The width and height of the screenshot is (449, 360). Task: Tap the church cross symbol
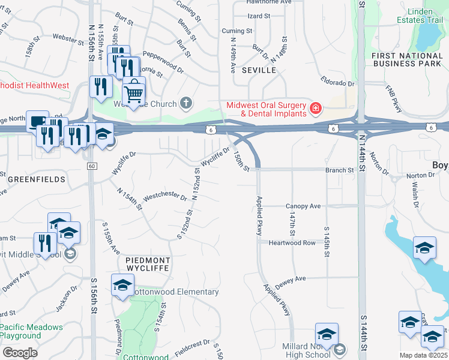point(186,103)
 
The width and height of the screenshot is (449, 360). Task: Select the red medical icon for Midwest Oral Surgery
point(315,109)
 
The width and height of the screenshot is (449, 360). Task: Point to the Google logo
point(19,353)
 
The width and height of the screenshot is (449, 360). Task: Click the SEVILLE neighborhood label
point(259,70)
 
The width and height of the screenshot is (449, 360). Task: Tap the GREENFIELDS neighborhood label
point(28,179)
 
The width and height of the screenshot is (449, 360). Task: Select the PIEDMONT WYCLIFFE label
point(148,265)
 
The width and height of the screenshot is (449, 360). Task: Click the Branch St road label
point(339,170)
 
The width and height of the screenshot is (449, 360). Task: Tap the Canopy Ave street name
point(303,206)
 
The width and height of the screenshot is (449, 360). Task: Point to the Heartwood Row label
point(292,242)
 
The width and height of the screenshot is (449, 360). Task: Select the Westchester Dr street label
point(166,195)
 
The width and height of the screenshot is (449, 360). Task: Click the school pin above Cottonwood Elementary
point(122,286)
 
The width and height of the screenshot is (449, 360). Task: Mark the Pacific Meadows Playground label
point(31,332)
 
